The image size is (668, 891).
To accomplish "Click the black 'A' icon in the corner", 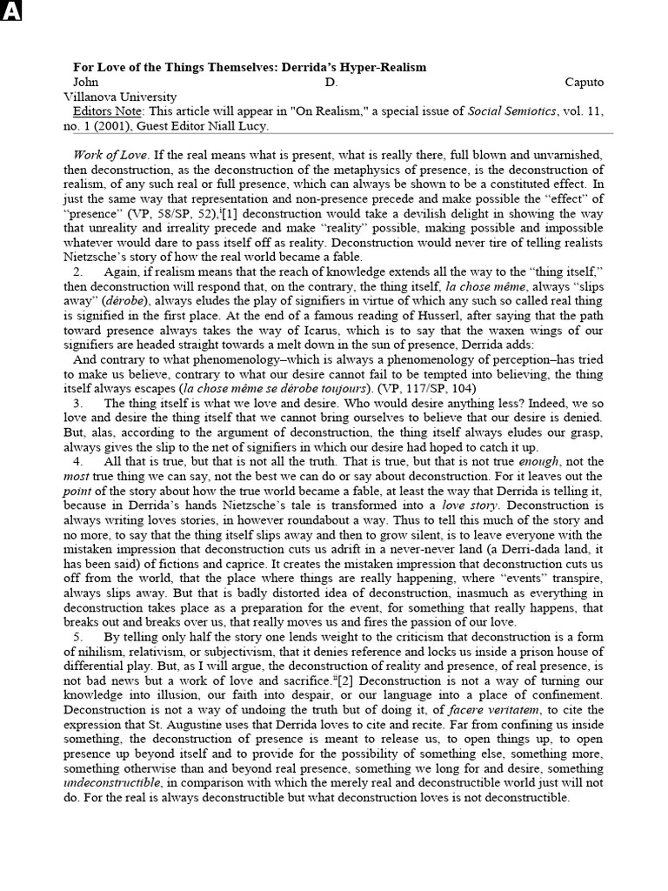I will [10, 11].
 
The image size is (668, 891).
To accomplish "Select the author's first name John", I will [86, 83].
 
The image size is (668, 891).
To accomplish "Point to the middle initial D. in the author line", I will [332, 83].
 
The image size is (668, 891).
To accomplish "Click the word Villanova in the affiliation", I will [97, 97].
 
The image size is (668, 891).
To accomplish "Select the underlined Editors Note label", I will [112, 111].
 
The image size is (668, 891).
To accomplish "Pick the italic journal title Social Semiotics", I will [512, 111].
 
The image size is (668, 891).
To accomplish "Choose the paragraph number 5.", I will [78, 638].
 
